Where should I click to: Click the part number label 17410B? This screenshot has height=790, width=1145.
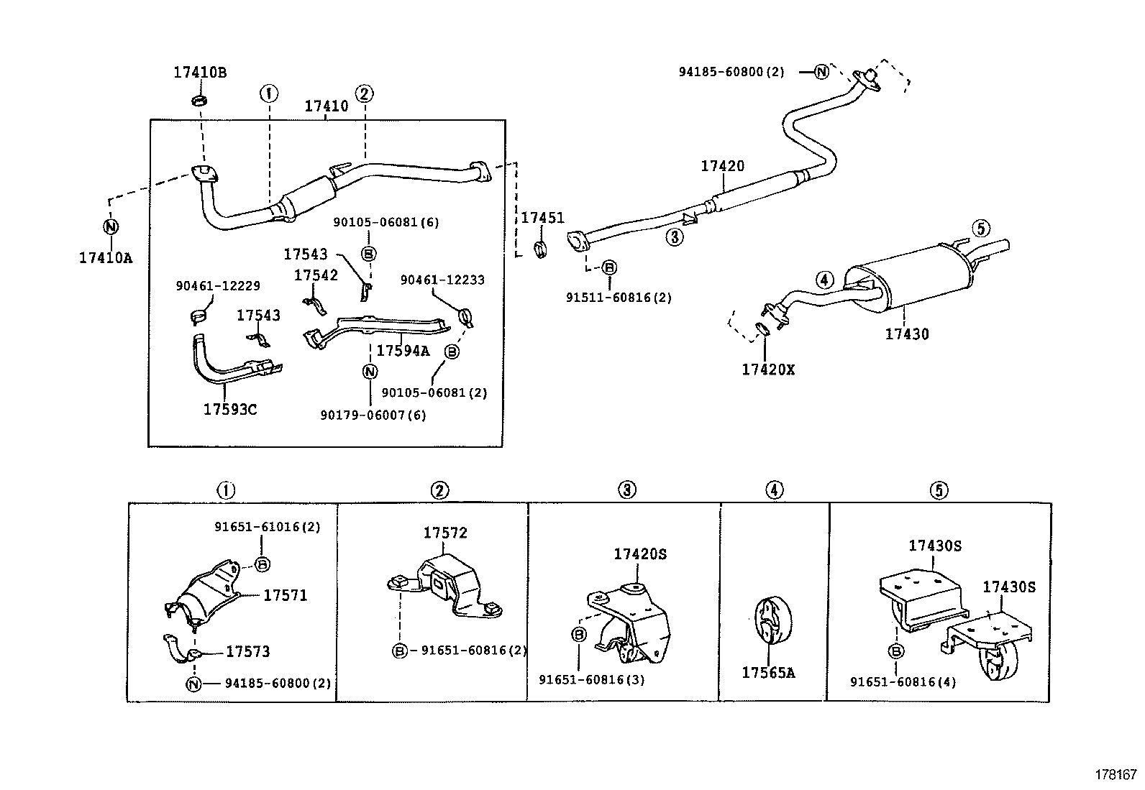(199, 73)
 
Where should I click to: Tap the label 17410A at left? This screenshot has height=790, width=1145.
(106, 257)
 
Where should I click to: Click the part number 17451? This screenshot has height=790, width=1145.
(542, 218)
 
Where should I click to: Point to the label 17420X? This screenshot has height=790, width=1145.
(768, 369)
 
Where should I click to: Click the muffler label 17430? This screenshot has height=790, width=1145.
(906, 334)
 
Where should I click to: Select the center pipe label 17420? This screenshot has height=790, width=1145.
(723, 166)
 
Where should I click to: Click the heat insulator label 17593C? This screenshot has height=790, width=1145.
(229, 410)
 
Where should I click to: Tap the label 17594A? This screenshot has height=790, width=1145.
(403, 350)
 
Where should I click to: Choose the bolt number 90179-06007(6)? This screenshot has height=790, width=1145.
(373, 415)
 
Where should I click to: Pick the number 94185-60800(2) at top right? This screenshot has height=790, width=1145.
(731, 72)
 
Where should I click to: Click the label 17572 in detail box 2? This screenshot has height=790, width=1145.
(444, 533)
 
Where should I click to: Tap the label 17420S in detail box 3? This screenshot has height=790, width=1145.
(640, 554)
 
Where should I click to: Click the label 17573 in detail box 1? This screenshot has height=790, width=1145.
(247, 651)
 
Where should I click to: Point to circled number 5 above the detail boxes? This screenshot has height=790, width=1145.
(939, 490)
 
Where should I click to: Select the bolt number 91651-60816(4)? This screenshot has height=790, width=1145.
(903, 682)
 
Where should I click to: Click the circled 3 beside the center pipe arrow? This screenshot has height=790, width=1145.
(674, 236)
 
